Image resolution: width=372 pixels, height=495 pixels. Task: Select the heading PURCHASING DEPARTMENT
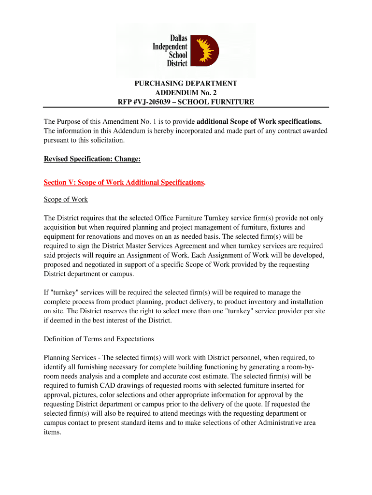coord(186,84)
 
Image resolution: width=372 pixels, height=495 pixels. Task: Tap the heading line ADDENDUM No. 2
coord(186,93)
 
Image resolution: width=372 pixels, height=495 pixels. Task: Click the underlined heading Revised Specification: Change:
coord(92,159)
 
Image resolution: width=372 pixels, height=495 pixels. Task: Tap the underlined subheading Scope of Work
coord(66,200)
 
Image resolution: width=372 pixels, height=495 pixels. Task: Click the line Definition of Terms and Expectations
coord(99,339)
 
